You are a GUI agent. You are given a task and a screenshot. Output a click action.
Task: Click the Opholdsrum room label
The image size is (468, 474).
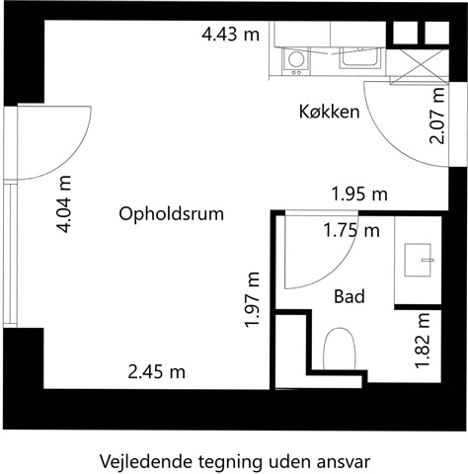[171, 214]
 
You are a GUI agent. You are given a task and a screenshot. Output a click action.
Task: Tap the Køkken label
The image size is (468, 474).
[329, 112]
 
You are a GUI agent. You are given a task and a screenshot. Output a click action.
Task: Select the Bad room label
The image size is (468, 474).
[350, 296]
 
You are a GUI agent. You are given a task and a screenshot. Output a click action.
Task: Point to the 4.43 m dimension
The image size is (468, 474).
[231, 35]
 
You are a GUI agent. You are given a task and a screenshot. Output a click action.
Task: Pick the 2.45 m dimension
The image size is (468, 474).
[156, 372]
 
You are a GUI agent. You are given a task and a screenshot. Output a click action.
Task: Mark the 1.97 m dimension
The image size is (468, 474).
[253, 300]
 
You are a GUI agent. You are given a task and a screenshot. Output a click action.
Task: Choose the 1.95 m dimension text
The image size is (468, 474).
[359, 194]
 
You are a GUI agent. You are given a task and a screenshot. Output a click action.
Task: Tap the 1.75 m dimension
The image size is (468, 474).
[351, 230]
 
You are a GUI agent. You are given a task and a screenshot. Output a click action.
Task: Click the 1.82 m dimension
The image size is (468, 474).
[423, 340]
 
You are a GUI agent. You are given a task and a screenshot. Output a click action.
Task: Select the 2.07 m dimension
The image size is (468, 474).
[437, 116]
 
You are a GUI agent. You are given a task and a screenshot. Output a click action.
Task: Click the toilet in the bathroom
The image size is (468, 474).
[340, 349]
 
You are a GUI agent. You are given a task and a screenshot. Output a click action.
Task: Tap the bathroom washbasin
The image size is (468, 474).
[418, 260]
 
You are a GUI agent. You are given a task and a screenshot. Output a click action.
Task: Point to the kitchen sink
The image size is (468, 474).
[360, 58]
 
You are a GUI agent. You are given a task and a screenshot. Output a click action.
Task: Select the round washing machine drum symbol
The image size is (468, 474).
[296, 59]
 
